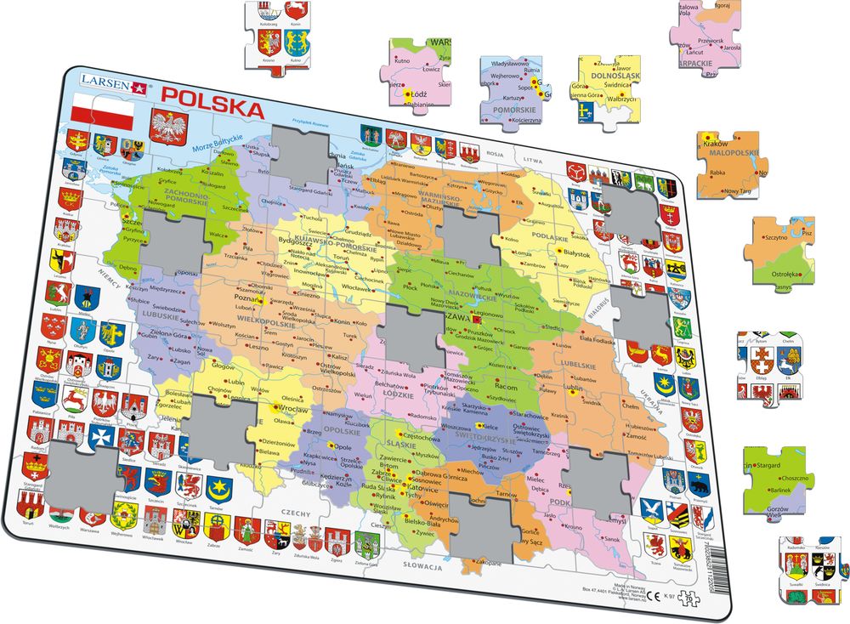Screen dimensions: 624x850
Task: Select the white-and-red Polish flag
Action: click(x=102, y=113)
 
